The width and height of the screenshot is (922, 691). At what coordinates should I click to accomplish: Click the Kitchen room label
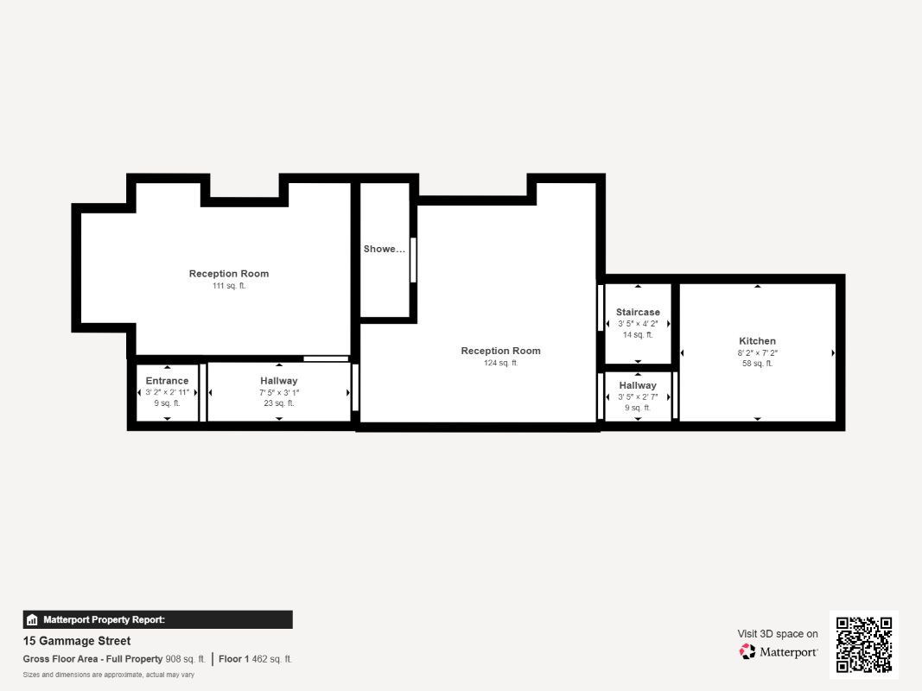[x=757, y=341]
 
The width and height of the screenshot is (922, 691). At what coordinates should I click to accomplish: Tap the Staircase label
[x=638, y=312]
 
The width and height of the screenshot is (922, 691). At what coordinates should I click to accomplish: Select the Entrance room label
[x=167, y=381]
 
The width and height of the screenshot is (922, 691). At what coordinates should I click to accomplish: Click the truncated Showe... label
[x=384, y=249]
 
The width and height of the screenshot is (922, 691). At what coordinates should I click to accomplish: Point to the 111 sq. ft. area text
[x=229, y=286]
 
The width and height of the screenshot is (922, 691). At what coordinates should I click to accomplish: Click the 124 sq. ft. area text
[x=500, y=363]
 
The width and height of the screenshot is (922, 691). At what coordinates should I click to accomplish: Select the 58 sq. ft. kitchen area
[x=757, y=364]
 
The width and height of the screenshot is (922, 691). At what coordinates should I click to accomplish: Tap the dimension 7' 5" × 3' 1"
[x=278, y=392]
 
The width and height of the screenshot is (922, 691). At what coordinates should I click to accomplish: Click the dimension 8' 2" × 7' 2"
[x=757, y=352]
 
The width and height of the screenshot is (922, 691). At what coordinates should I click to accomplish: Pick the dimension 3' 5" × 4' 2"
[x=638, y=323]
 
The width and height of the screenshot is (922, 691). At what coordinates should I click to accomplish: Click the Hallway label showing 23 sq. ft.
[x=278, y=381]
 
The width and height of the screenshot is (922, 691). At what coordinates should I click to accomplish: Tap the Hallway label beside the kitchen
[x=638, y=385]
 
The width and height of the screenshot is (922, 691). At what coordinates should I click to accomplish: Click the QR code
[x=863, y=644]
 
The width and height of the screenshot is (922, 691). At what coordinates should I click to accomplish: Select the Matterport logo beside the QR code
[x=779, y=652]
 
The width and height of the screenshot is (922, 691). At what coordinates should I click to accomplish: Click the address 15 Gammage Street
[x=77, y=641]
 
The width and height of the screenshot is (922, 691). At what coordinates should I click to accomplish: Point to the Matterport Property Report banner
[x=157, y=619]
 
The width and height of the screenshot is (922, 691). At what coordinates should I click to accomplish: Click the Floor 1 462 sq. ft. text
[x=255, y=659]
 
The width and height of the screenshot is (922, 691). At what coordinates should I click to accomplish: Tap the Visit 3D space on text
[x=777, y=634]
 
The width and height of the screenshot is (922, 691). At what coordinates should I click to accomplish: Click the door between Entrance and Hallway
[x=203, y=392]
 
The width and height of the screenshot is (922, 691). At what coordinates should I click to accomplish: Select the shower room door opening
[x=413, y=259]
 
